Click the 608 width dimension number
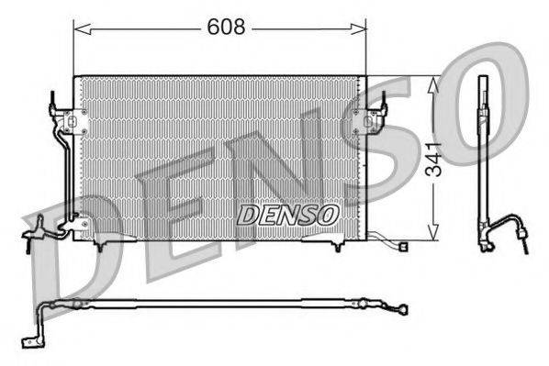[x=226, y=28]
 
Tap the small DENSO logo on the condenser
[x=288, y=213]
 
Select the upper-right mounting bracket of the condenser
[x=374, y=116]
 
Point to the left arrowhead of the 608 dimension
[x=77, y=28]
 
